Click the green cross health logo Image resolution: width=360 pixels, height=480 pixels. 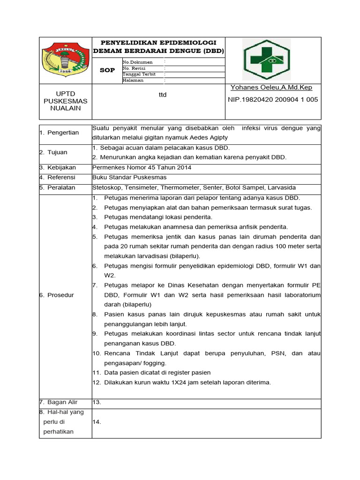click(x=266, y=60)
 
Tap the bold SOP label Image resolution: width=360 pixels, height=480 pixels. click(x=107, y=70)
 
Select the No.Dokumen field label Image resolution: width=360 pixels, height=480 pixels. click(x=137, y=62)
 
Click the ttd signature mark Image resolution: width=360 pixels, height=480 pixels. click(x=163, y=95)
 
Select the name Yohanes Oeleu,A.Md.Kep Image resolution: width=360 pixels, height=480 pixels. click(x=271, y=88)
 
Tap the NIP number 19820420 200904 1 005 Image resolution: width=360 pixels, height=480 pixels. click(x=273, y=99)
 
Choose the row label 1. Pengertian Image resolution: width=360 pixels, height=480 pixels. click(x=59, y=133)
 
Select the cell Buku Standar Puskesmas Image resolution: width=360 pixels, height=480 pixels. click(x=129, y=177)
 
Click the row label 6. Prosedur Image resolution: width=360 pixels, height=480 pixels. click(x=57, y=295)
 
